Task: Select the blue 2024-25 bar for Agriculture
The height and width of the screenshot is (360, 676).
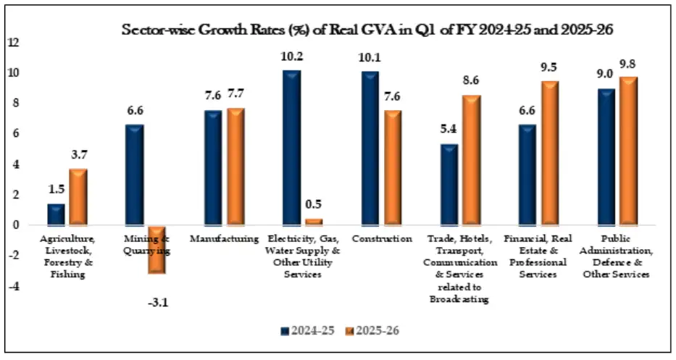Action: [57, 214]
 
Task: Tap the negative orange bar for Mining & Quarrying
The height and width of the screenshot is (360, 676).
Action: [157, 249]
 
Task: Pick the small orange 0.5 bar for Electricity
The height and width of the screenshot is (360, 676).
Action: [314, 222]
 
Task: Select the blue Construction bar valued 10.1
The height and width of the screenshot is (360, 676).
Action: [370, 148]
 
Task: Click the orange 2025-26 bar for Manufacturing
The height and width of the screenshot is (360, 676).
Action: [235, 167]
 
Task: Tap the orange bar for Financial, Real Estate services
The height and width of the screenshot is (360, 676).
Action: [550, 153]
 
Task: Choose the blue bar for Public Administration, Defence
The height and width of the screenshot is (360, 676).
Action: [606, 156]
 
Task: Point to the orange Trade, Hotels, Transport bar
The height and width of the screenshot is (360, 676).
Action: [471, 160]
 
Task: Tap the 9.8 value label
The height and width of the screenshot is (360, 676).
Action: [627, 64]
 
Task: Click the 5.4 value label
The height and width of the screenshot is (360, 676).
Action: [448, 130]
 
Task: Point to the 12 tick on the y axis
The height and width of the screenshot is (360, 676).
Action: [12, 42]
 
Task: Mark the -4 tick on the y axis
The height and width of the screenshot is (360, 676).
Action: [12, 287]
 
